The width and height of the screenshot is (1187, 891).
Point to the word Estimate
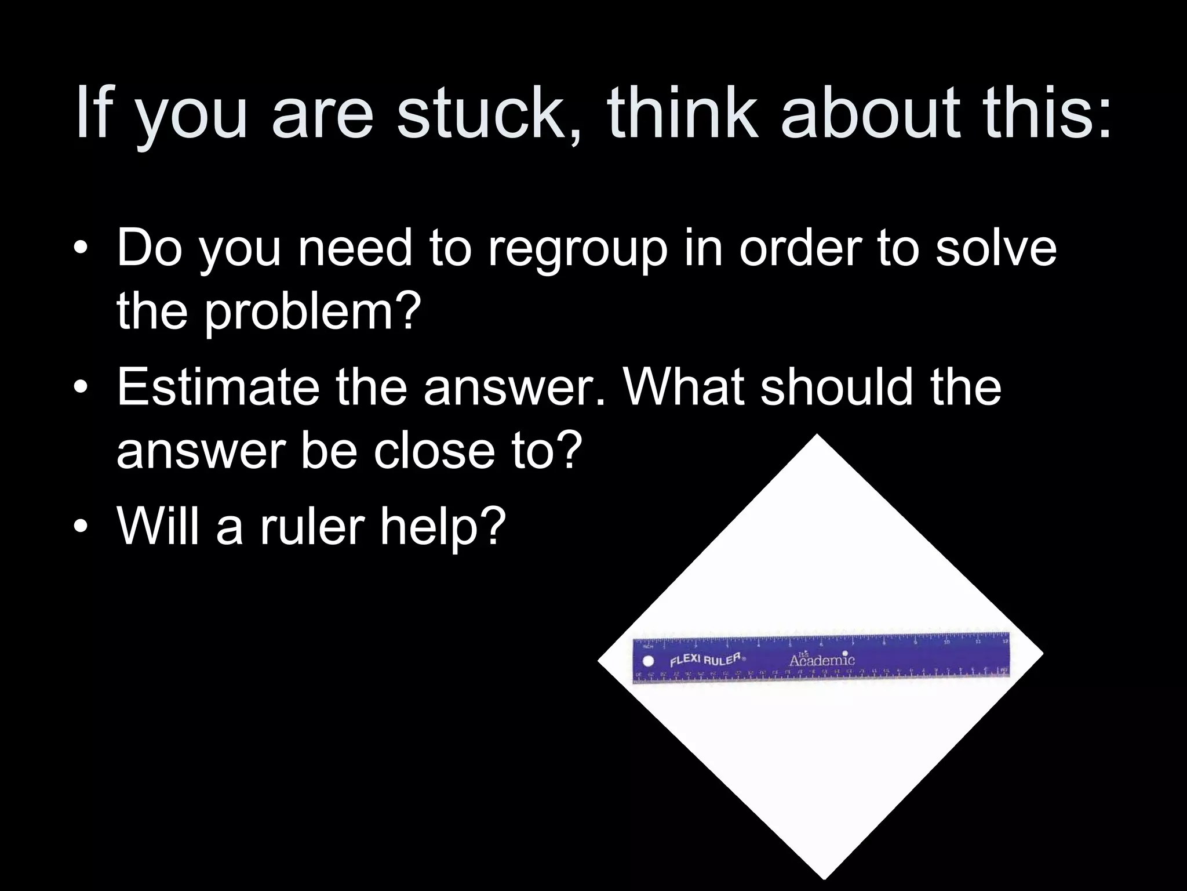[x=218, y=387]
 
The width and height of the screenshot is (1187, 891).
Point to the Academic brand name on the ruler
[x=821, y=660]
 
